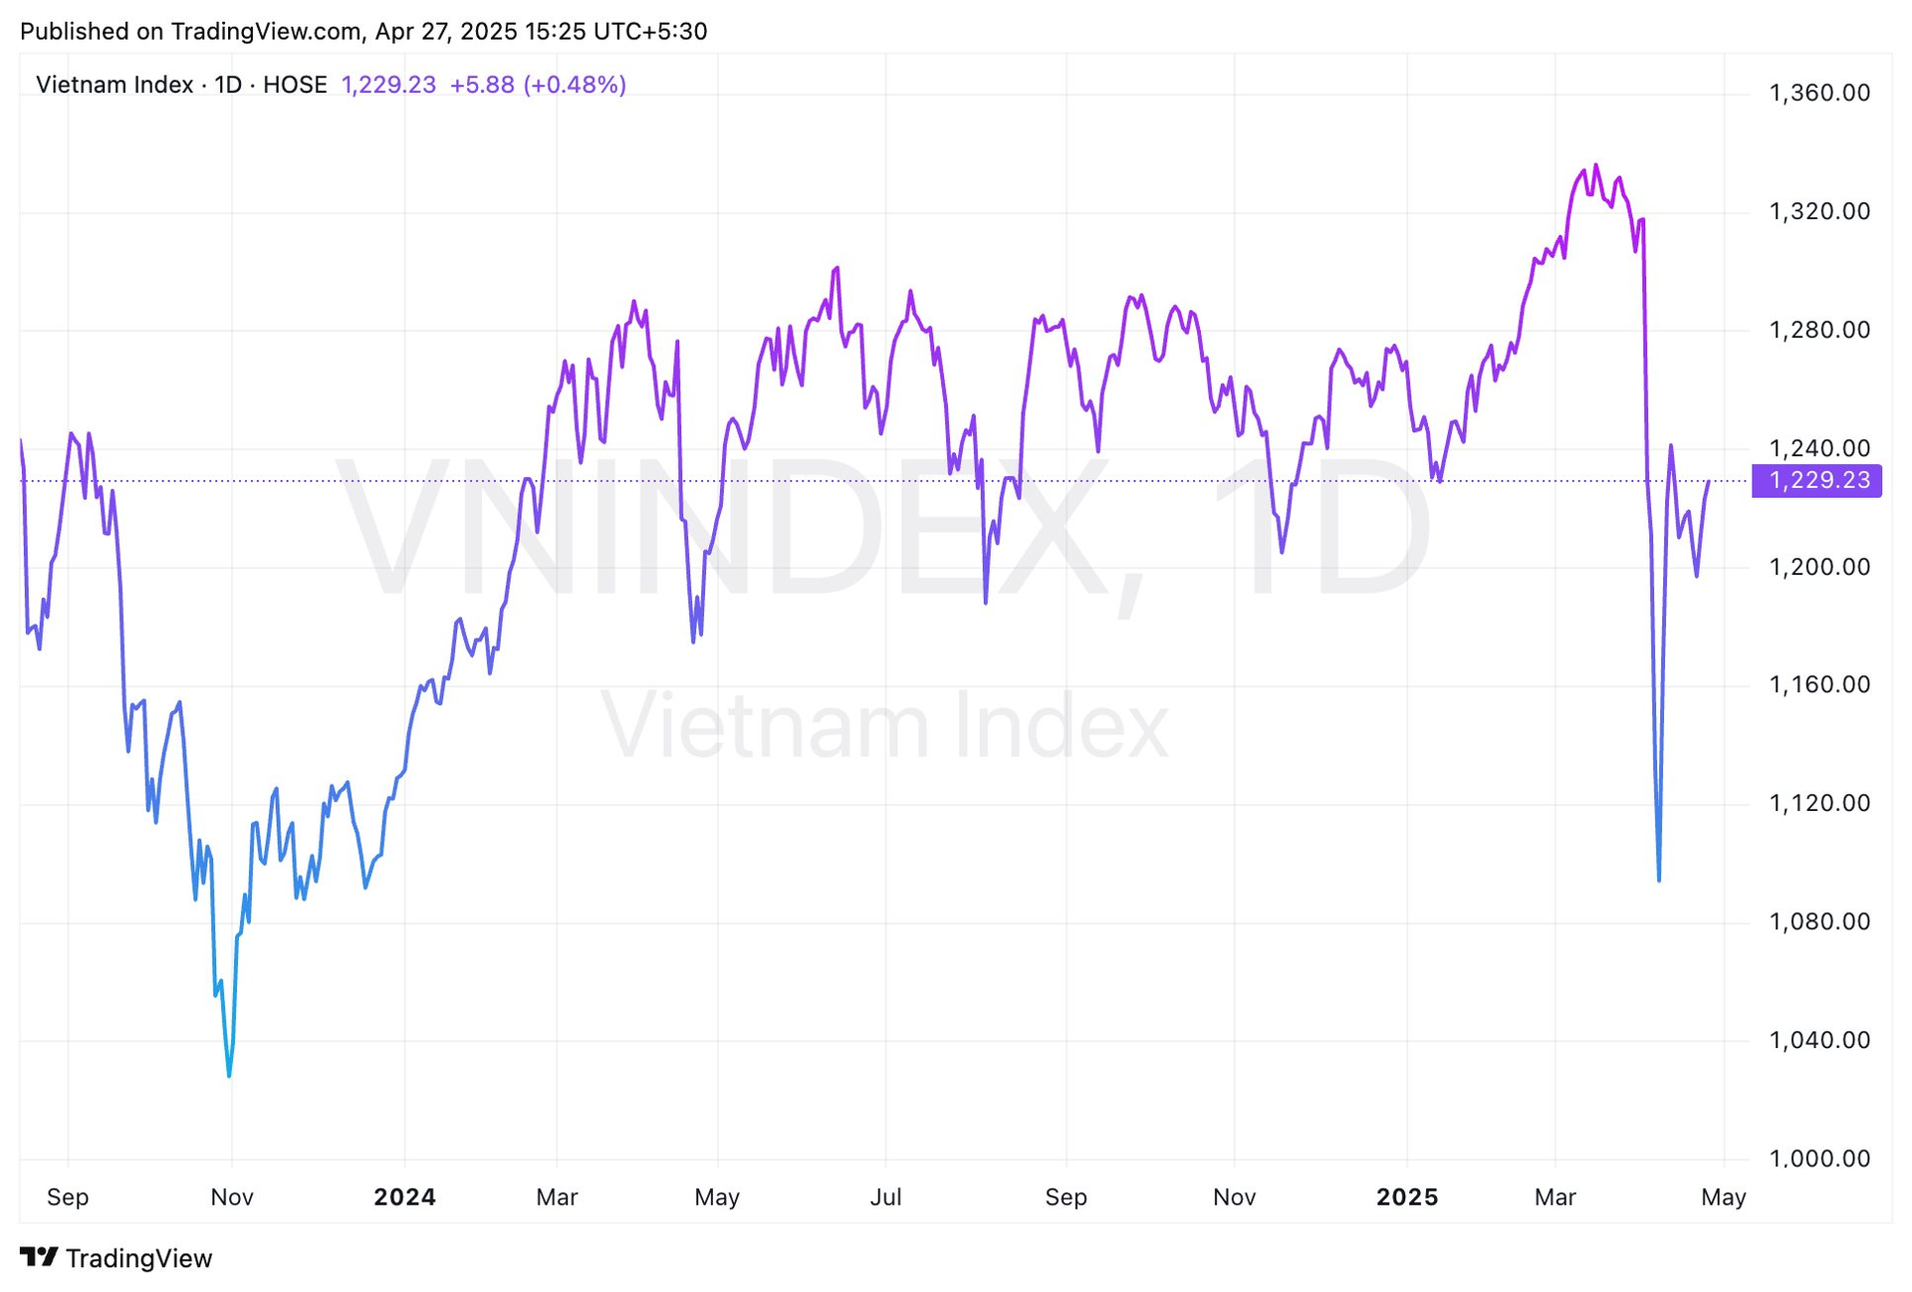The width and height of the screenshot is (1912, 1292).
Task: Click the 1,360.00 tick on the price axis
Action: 1818,93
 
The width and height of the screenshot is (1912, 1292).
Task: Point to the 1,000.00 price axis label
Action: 1818,1159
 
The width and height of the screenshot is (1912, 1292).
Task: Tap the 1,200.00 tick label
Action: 1818,567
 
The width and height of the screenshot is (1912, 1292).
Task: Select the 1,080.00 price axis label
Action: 1818,921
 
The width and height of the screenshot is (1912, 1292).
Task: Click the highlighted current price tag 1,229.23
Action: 1817,480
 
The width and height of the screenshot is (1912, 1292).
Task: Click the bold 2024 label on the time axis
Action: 404,1196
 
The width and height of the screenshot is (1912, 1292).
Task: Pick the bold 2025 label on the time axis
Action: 1406,1196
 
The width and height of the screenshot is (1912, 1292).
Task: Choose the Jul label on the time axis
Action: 885,1196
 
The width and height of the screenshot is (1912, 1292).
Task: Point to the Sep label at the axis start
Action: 68,1196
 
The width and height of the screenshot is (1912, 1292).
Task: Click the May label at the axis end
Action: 1723,1196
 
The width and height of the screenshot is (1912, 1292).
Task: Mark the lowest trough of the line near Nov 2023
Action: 229,1075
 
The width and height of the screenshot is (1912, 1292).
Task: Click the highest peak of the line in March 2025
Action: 1595,165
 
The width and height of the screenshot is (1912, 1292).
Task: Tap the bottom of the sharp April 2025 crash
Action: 1658,880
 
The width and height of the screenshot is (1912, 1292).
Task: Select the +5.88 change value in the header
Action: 482,85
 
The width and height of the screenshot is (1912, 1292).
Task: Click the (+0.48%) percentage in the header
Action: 575,85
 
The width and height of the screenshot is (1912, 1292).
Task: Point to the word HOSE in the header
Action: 295,85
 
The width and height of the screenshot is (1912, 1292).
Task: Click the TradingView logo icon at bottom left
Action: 40,1257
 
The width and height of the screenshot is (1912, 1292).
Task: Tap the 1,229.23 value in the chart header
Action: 388,85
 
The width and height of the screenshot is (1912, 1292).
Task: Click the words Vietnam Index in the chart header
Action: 115,85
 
